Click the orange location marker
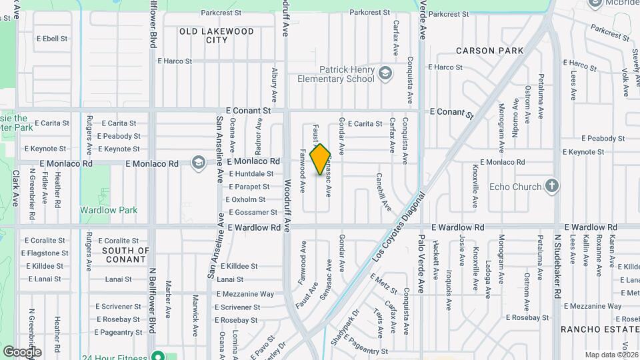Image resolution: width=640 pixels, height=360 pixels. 321,159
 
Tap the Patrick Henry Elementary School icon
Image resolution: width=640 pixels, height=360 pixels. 385,73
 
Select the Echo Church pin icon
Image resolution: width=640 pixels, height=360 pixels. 551,186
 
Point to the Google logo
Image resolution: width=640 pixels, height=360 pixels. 22,351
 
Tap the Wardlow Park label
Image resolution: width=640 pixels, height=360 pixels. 109,210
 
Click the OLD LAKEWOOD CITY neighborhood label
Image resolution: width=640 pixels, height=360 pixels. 217,35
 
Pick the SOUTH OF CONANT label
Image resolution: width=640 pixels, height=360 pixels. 125,255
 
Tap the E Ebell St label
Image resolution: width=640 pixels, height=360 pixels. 51,39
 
